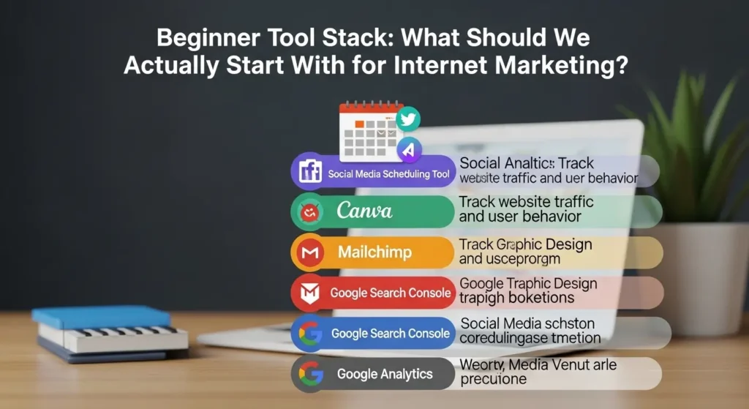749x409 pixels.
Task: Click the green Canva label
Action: pyautogui.click(x=364, y=211)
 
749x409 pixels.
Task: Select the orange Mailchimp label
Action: pyautogui.click(x=374, y=252)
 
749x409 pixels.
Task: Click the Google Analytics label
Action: pyautogui.click(x=384, y=374)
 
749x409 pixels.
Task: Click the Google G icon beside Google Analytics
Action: pyautogui.click(x=308, y=375)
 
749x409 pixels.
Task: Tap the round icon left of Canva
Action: pyautogui.click(x=308, y=212)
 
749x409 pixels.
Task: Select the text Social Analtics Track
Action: pyautogui.click(x=527, y=163)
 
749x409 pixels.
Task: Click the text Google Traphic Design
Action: pyautogui.click(x=528, y=283)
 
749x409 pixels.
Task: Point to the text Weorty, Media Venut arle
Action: pyautogui.click(x=538, y=364)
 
